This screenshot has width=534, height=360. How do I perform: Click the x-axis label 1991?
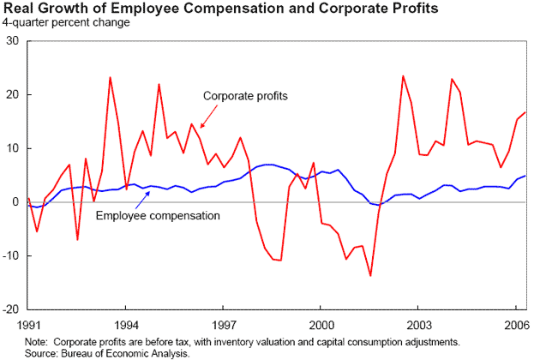point(28,326)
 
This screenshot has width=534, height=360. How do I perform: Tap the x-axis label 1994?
point(126,326)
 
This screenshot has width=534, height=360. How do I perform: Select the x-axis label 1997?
point(224,326)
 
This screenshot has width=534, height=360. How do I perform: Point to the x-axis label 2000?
point(321,326)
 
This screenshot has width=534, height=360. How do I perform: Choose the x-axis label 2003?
point(418,326)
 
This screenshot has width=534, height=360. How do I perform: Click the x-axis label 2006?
point(515,326)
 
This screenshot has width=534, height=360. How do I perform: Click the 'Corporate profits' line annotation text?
point(244,95)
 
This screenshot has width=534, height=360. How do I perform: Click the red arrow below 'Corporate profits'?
point(201,117)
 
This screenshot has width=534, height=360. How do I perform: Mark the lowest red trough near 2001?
point(370,275)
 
